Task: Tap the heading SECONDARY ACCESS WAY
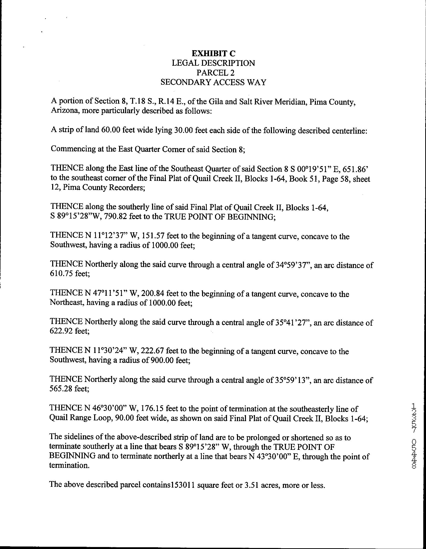(213, 82)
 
